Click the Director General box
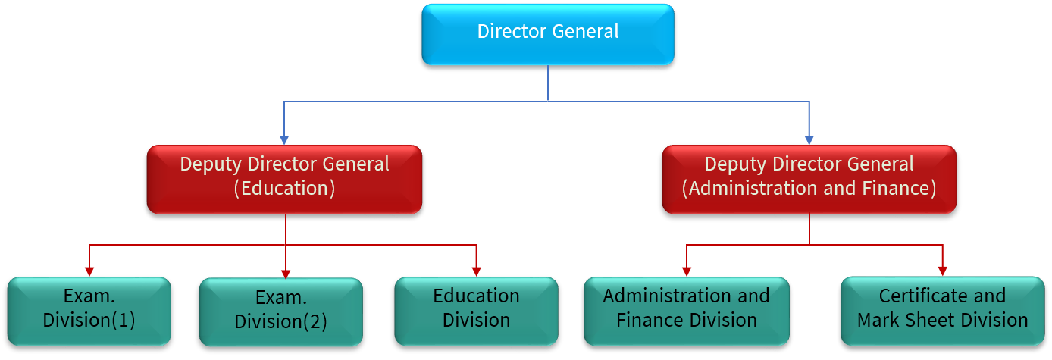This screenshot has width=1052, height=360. (x=547, y=34)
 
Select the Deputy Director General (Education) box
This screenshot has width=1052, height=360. (x=284, y=179)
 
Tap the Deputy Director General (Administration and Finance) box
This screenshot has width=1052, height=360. (x=809, y=179)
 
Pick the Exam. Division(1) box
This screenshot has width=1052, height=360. (x=89, y=311)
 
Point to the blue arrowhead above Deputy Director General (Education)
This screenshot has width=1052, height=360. (x=284, y=139)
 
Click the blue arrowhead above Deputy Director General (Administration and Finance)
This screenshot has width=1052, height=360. (x=809, y=139)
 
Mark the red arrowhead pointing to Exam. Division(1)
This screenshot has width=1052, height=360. (x=89, y=271)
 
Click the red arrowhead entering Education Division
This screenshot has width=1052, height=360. (x=476, y=271)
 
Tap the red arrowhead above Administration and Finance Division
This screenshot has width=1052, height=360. (x=687, y=271)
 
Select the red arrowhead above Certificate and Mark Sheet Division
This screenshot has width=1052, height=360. (x=942, y=271)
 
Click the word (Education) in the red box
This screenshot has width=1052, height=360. (x=284, y=189)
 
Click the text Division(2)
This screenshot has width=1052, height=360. (x=280, y=321)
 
